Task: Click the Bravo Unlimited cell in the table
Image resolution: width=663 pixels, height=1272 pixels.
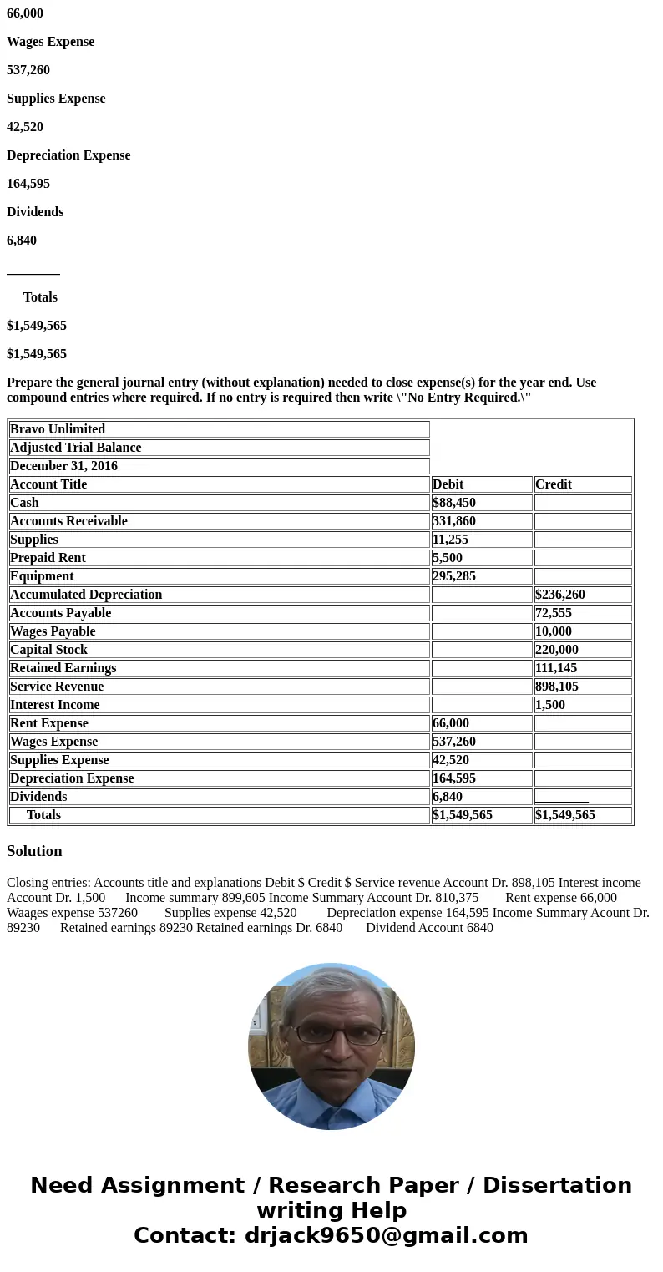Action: [x=58, y=429]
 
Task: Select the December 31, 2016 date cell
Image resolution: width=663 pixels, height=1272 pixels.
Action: [x=63, y=466]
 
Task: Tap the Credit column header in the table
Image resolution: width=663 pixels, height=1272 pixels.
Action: [x=554, y=484]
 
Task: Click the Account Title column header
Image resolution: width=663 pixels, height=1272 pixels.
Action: [x=48, y=484]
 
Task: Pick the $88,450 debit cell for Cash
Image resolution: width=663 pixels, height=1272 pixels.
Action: [x=456, y=503]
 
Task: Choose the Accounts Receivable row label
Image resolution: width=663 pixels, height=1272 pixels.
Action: [x=68, y=521]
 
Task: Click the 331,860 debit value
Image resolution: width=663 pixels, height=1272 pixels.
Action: [x=454, y=521]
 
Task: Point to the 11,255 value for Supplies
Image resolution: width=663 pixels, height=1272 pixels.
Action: [x=451, y=540]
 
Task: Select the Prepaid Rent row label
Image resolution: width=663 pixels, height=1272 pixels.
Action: [x=48, y=558]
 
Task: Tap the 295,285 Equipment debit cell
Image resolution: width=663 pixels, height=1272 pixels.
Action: [x=454, y=576]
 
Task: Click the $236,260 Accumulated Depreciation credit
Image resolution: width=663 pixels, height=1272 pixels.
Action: [x=560, y=595]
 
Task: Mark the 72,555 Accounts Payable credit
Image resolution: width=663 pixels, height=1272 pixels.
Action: [x=554, y=613]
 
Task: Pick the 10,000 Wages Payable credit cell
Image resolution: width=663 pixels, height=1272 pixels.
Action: [x=554, y=631]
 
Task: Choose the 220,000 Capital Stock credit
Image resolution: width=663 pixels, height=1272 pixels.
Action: [x=557, y=650]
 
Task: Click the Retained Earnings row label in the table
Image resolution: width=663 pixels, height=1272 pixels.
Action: [x=63, y=668]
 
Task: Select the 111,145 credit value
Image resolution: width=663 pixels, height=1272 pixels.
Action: [x=556, y=668]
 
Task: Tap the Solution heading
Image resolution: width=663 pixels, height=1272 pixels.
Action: [x=34, y=851]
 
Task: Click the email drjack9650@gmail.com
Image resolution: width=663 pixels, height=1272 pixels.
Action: [x=386, y=1235]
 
